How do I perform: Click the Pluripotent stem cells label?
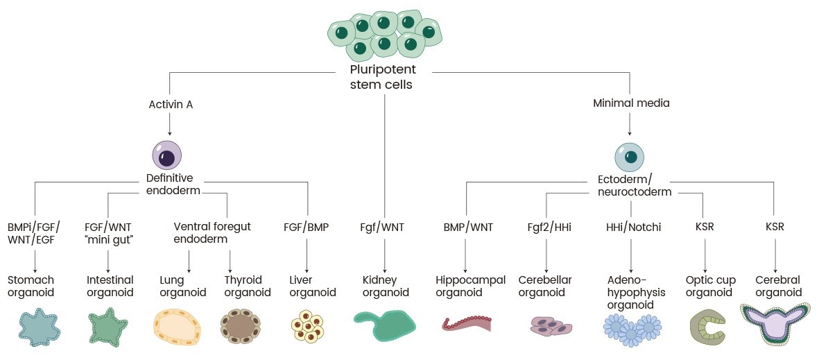click(x=383, y=77)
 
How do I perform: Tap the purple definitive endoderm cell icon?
click(x=166, y=156)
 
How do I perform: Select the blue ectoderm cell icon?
click(x=629, y=157)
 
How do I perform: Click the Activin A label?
click(x=170, y=105)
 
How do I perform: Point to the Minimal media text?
click(x=631, y=103)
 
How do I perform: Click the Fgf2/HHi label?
click(x=547, y=227)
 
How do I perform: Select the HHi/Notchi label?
click(x=631, y=227)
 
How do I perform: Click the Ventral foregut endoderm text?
click(x=212, y=233)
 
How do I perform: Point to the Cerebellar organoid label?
click(x=545, y=286)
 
